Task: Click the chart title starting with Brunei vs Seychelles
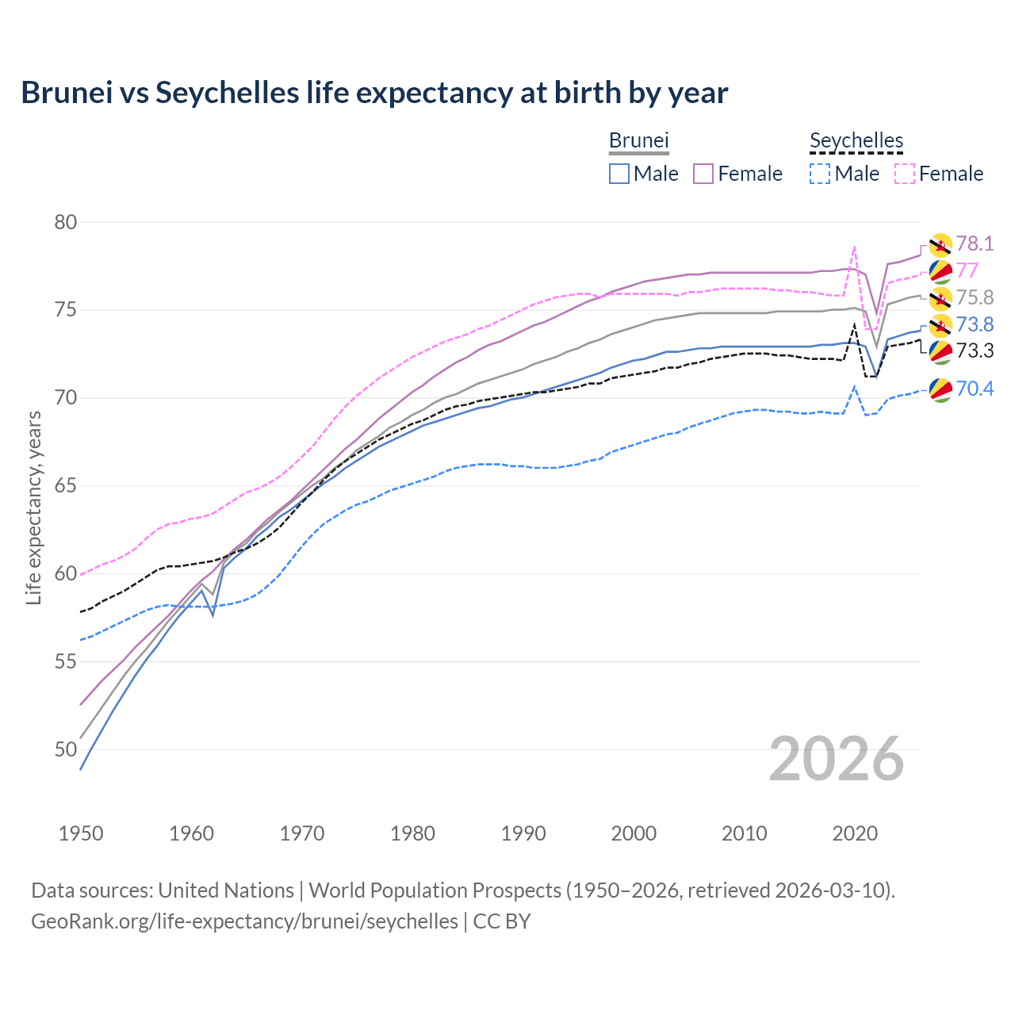[374, 93]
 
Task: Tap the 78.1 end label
[975, 243]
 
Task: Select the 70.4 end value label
[975, 389]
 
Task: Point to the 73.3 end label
[975, 350]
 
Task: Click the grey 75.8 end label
[975, 297]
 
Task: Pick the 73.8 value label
[975, 324]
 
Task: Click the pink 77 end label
[967, 270]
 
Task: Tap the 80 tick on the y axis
[66, 222]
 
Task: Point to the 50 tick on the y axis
[66, 749]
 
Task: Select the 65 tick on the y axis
[66, 485]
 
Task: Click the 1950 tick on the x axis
[81, 833]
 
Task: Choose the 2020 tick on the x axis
[855, 833]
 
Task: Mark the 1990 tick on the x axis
[523, 833]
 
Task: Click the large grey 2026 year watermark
[837, 759]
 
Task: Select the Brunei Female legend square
[703, 174]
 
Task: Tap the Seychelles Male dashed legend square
[820, 174]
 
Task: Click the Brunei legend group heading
[639, 140]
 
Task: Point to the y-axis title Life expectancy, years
[33, 507]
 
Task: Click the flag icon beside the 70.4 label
[940, 389]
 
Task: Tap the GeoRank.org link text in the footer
[244, 921]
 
